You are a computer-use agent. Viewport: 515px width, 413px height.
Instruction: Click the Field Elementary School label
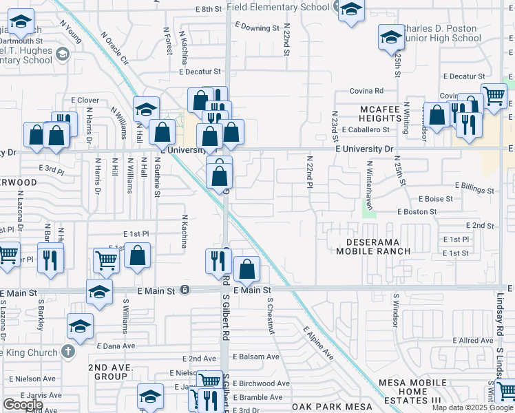tap(282, 7)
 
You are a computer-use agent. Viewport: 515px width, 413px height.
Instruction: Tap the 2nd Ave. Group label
tap(111, 372)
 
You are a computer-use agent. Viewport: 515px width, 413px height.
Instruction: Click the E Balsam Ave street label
tap(255, 357)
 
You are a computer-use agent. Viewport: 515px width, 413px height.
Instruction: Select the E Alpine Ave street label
tap(319, 343)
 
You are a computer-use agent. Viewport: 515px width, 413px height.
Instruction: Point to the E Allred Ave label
tap(474, 341)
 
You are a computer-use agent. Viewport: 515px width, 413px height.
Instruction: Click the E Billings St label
tap(474, 186)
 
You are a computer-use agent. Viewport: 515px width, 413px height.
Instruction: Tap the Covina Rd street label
tap(366, 91)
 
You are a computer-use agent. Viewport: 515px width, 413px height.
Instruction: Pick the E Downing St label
tap(257, 28)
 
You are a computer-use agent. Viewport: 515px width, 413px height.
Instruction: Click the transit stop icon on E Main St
tap(185, 290)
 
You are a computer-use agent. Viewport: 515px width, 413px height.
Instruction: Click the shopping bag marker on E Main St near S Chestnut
tap(246, 268)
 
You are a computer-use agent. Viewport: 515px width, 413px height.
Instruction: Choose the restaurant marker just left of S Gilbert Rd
tap(216, 260)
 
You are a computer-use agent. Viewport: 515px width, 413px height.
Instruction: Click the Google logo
tap(23, 405)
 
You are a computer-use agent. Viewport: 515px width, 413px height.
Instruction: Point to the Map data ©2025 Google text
tap(472, 407)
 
